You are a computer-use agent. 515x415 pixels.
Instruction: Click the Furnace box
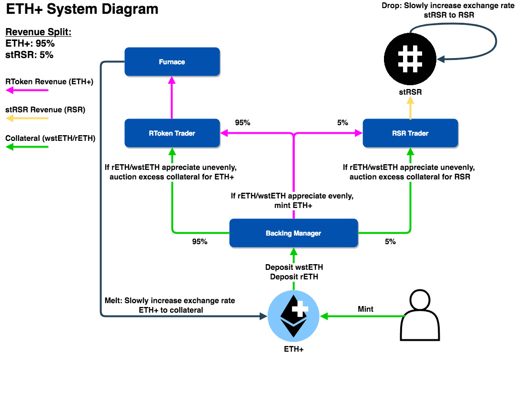click(x=172, y=62)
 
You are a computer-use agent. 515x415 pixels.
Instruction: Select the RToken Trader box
click(x=172, y=133)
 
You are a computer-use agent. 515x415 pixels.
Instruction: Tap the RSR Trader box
click(x=410, y=133)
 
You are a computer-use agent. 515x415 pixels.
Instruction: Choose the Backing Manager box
click(x=293, y=233)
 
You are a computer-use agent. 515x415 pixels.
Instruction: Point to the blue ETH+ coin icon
click(x=293, y=316)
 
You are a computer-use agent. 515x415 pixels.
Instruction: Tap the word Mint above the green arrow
click(x=365, y=309)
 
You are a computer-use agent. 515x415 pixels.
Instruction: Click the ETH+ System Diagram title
click(x=82, y=9)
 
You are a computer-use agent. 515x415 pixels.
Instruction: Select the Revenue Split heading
click(x=38, y=32)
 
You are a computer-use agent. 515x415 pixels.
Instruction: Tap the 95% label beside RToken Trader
click(x=242, y=122)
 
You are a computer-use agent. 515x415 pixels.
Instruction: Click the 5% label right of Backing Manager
click(x=390, y=242)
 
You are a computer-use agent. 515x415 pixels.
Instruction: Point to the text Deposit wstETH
click(x=294, y=267)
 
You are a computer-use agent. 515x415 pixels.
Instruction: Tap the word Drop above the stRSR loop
click(x=391, y=6)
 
